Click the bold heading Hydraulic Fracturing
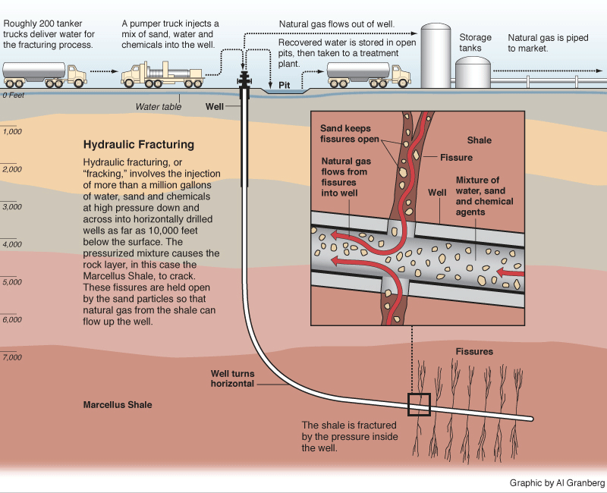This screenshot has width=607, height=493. (138, 144)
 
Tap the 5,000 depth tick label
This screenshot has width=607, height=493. (13, 282)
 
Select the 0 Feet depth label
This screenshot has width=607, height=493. (14, 96)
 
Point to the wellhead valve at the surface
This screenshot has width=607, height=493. (244, 80)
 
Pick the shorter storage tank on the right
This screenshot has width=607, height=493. (473, 74)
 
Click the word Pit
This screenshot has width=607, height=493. (285, 85)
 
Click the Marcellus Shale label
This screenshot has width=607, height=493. (118, 405)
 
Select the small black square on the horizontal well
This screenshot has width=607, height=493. (419, 405)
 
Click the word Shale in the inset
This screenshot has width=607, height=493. (479, 140)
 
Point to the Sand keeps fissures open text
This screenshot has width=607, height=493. (349, 134)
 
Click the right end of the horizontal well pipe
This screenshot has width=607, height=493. (531, 419)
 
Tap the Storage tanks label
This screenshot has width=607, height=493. (475, 42)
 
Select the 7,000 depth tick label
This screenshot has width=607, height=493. (13, 357)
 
